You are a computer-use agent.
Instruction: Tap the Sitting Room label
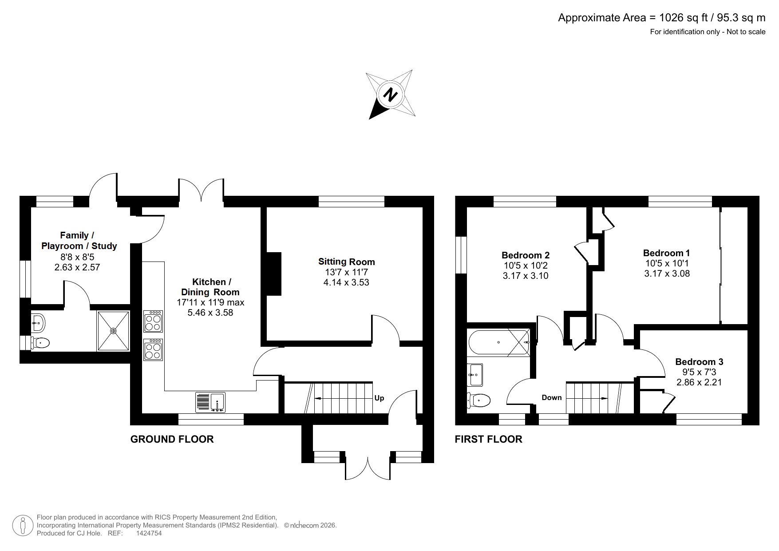point(346,262)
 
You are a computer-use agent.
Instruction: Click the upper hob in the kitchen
point(153,321)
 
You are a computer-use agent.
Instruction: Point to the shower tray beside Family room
point(114,331)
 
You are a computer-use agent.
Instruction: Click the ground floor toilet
point(41,342)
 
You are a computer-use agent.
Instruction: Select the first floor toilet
point(479,400)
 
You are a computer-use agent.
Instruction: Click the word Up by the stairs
point(379,398)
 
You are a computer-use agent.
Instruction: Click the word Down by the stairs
point(551,397)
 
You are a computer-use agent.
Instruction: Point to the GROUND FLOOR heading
point(172,439)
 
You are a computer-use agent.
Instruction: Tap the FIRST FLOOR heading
point(488,439)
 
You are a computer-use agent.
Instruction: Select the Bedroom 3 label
point(699,362)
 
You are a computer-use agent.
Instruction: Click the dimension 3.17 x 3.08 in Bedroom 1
point(667,274)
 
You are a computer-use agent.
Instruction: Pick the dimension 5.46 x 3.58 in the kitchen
point(210,313)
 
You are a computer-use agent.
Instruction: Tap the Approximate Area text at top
point(661,18)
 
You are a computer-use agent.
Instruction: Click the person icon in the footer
point(22,526)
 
